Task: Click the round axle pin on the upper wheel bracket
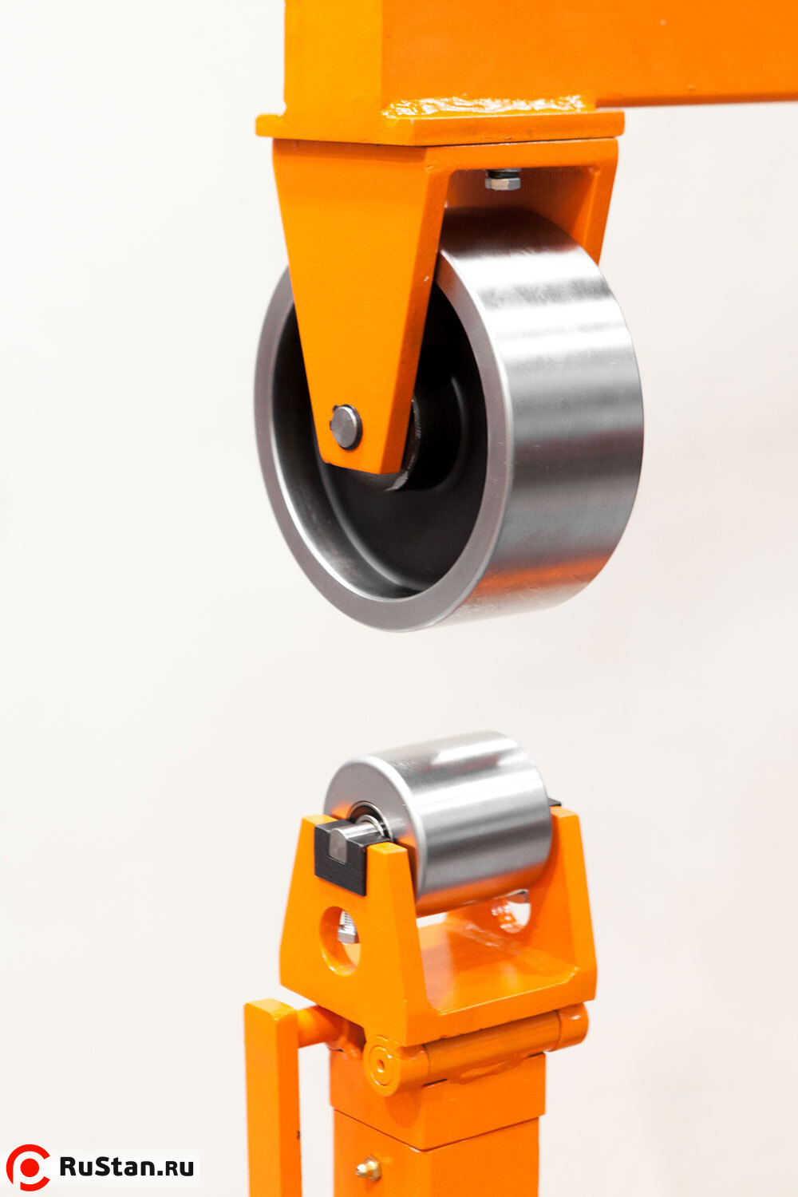tap(346, 427)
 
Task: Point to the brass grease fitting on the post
tap(369, 1169)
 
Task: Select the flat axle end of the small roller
tap(340, 843)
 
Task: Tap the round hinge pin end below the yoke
tap(381, 1064)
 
